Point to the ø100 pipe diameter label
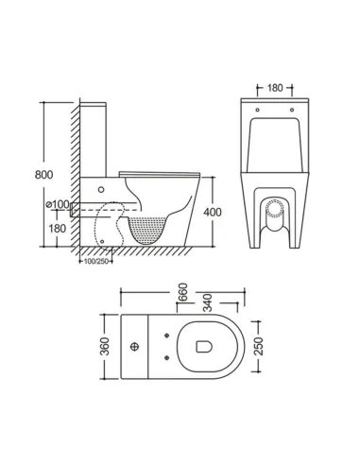[x=59, y=205]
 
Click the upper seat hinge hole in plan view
[x=167, y=334]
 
